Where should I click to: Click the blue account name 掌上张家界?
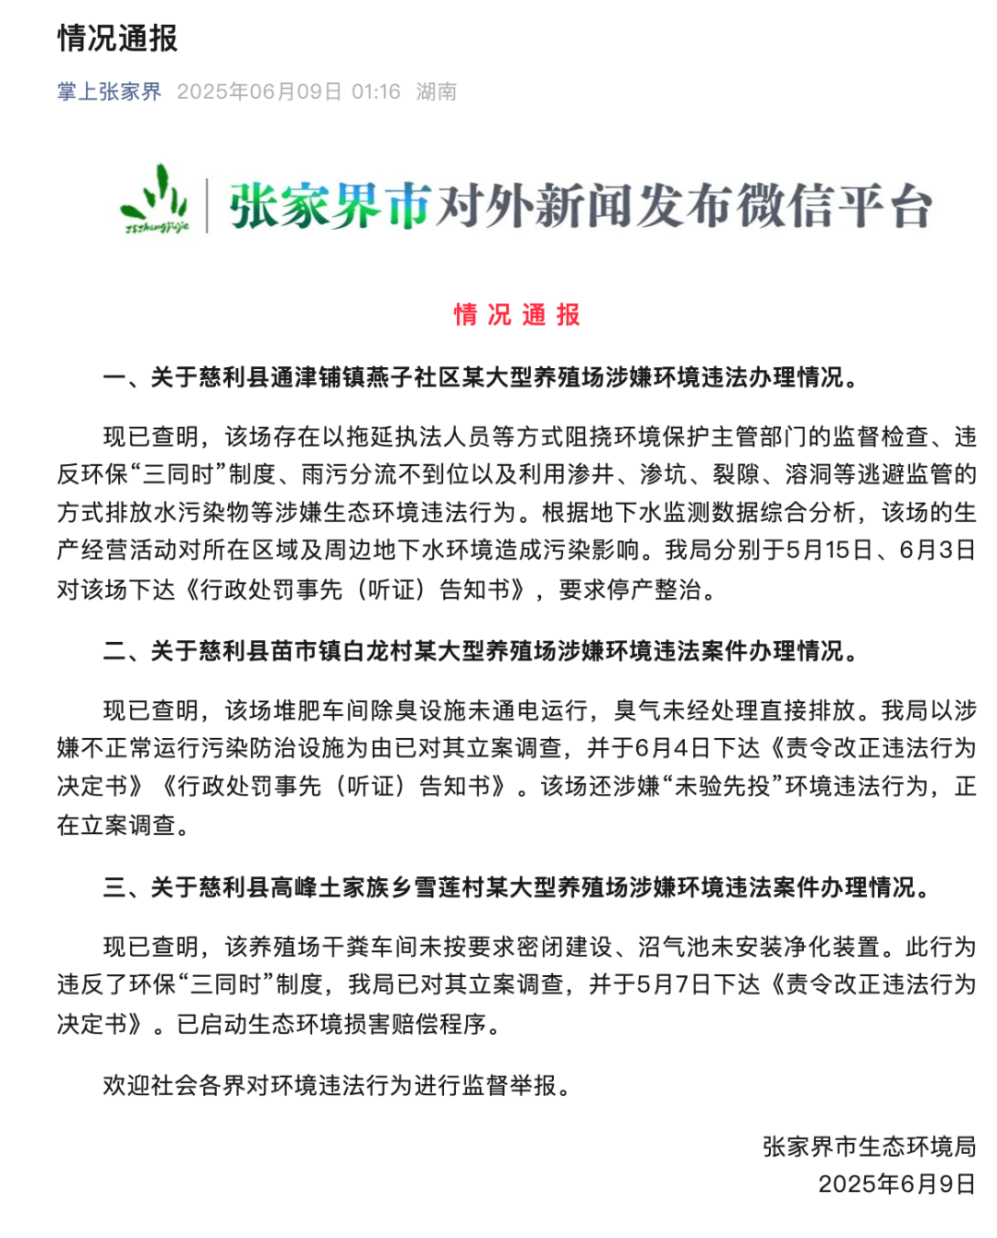pyautogui.click(x=109, y=91)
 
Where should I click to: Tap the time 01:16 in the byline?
pyautogui.click(x=376, y=91)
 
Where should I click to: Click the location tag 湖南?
pyautogui.click(x=436, y=91)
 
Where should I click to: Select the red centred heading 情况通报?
pyautogui.click(x=517, y=315)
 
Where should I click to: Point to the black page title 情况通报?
pyautogui.click(x=117, y=38)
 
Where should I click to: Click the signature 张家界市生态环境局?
pyautogui.click(x=869, y=1147)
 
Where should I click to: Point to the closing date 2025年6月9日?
pyautogui.click(x=896, y=1184)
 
